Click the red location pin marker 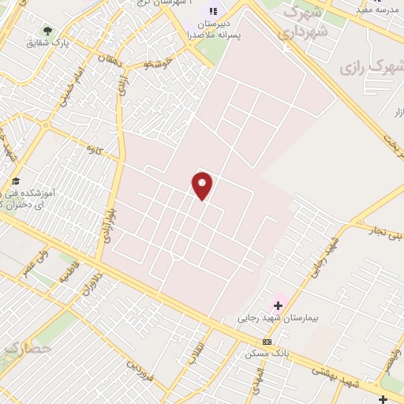click(202, 185)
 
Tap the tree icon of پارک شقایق click(47, 31)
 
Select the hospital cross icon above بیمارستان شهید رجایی click(279, 305)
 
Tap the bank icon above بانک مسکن click(267, 342)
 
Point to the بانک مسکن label click(267, 353)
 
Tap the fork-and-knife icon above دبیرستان click(213, 11)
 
